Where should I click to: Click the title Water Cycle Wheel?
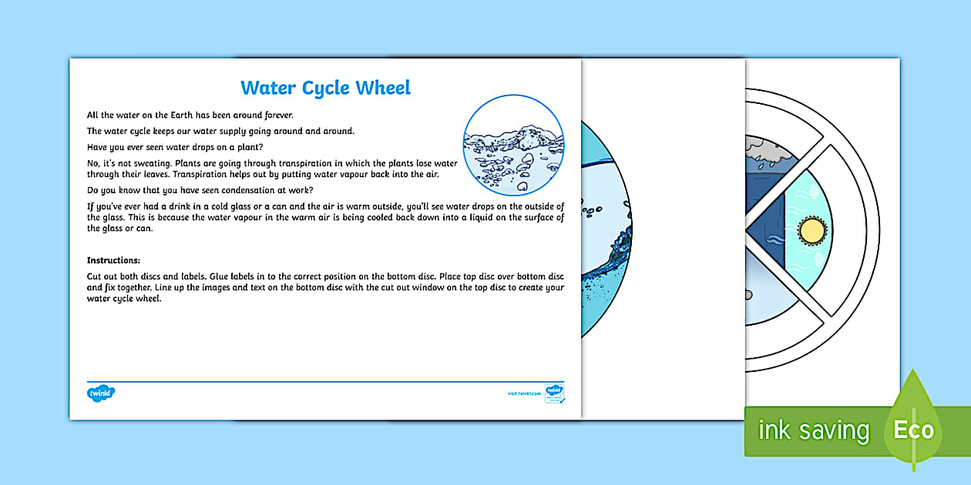click(325, 88)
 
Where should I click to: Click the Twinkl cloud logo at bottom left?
click(101, 393)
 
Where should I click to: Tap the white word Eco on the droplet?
click(913, 430)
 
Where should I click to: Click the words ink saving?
click(813, 430)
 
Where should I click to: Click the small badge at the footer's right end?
click(555, 393)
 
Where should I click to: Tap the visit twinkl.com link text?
click(524, 393)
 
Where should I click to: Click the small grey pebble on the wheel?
click(750, 295)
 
